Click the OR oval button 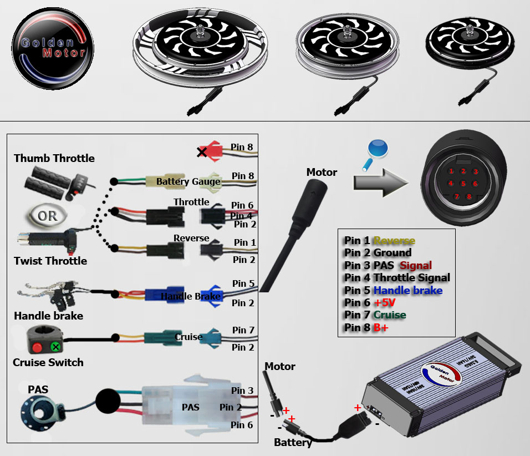tap(47, 216)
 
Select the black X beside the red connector tap(202, 152)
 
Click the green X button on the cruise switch tap(55, 347)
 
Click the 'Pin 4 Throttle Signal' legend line tap(397, 277)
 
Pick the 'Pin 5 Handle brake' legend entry tap(393, 290)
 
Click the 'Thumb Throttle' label tap(54, 158)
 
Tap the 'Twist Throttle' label tap(50, 261)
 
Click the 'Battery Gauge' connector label tap(188, 181)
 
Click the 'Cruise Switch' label tap(48, 362)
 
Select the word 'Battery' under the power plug tap(293, 442)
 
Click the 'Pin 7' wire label tap(243, 330)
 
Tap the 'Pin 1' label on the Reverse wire tap(244, 242)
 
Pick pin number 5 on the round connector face tap(463, 184)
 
